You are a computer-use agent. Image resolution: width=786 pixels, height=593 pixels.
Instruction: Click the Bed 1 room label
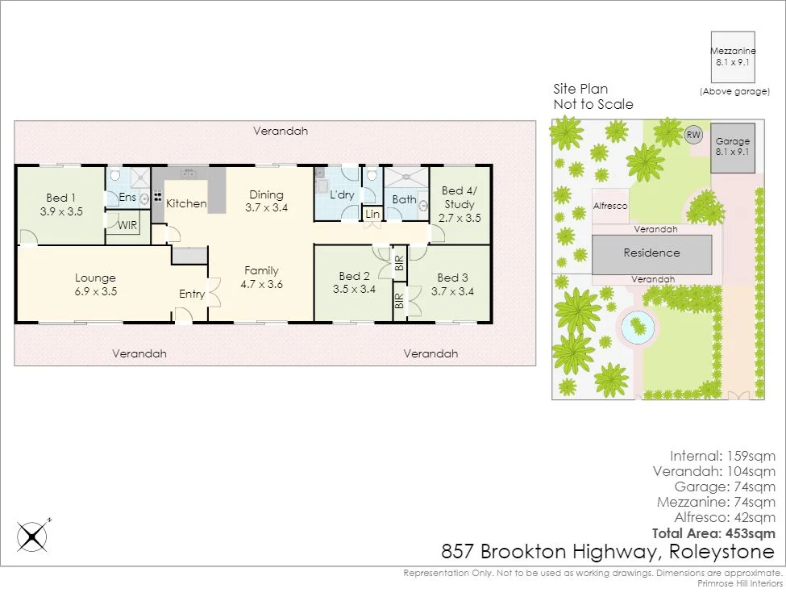tap(57, 198)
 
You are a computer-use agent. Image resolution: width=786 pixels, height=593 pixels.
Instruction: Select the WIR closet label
tap(127, 225)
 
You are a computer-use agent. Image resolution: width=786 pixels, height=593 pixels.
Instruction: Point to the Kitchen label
tap(186, 203)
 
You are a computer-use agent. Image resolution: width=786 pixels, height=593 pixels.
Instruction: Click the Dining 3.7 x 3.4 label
tap(266, 201)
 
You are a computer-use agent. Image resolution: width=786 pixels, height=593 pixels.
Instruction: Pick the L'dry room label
tap(342, 194)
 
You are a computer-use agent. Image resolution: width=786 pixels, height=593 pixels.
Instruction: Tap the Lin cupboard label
tap(372, 215)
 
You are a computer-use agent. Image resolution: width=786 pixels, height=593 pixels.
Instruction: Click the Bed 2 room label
tap(354, 283)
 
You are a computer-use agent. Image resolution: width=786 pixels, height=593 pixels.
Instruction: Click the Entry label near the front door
tap(192, 294)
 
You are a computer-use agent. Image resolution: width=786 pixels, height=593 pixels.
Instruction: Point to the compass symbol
tap(33, 535)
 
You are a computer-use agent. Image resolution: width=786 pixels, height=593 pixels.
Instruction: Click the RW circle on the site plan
tap(692, 135)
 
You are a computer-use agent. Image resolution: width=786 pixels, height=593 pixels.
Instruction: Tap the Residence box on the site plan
tap(652, 253)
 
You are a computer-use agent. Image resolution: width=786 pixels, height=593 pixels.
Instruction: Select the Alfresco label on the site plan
tap(610, 207)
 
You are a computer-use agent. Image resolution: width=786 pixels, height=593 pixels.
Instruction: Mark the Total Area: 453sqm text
tap(713, 533)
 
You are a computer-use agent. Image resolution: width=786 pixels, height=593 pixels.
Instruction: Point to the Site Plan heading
tap(580, 89)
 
